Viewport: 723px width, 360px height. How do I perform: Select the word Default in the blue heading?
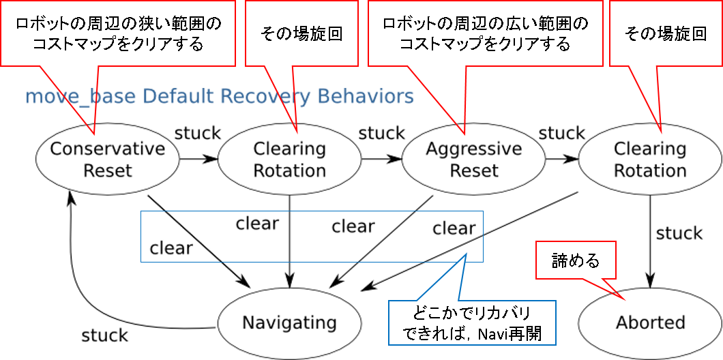coord(178,97)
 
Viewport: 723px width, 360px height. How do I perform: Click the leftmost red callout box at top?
coord(117,33)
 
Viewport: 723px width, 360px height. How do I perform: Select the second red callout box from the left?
coord(301,33)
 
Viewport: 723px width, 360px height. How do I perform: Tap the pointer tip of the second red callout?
coord(297,132)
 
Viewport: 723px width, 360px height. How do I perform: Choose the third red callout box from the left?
coord(485,33)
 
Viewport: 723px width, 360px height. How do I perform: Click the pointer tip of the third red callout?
coord(464,133)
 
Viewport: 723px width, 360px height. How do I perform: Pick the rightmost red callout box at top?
coord(665,33)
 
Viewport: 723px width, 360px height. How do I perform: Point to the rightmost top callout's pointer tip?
coord(661,132)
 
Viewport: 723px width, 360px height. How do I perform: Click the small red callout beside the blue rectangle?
coord(576,260)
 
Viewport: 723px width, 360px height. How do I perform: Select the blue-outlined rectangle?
coord(312,237)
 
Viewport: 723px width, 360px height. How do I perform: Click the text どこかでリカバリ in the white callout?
coord(471,314)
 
